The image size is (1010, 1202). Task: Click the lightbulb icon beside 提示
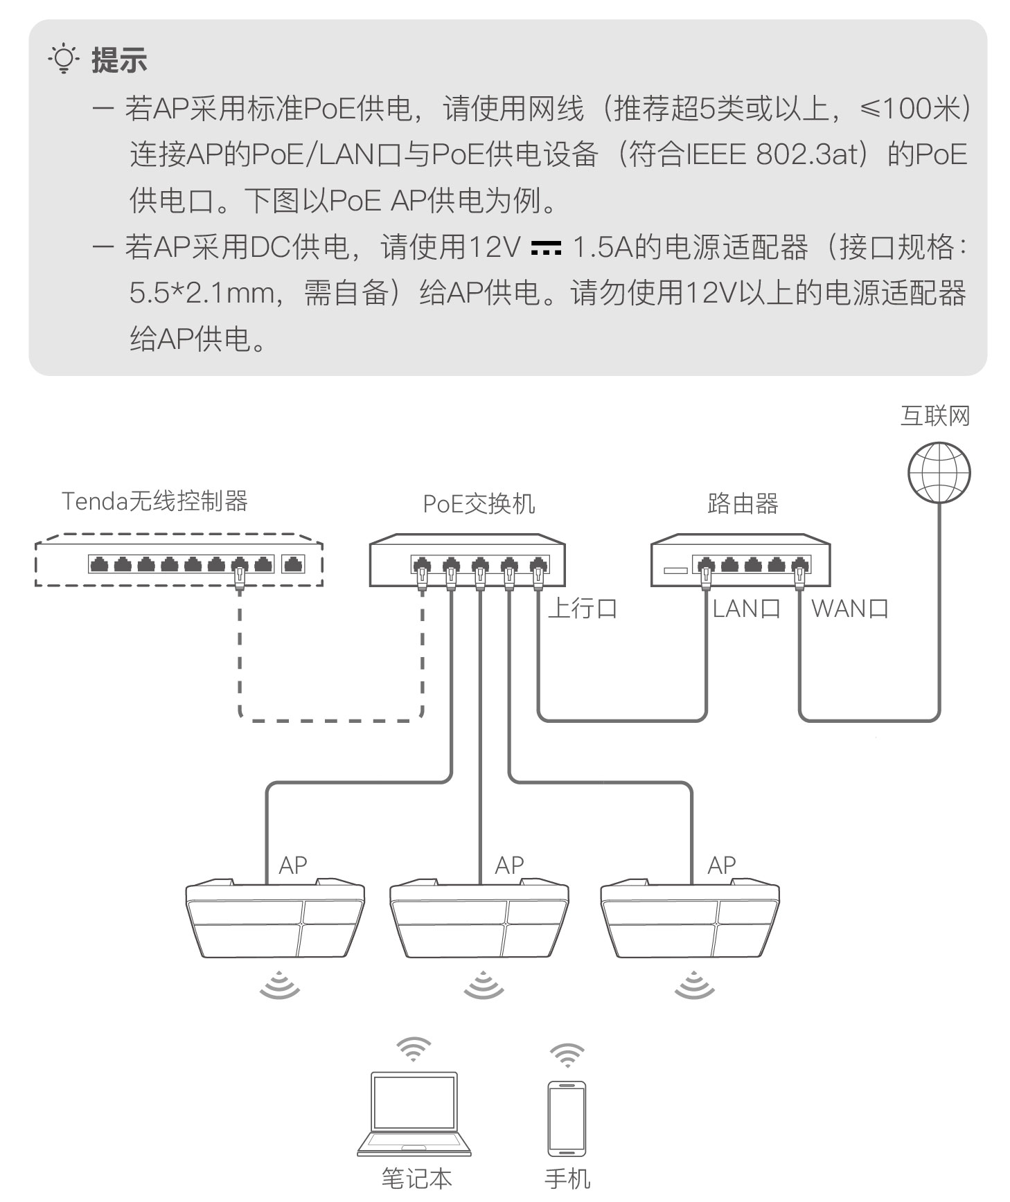click(64, 60)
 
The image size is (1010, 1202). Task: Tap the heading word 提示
click(119, 60)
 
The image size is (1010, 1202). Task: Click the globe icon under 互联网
click(939, 473)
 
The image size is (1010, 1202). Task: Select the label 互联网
click(934, 416)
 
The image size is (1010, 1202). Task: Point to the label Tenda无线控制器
click(154, 501)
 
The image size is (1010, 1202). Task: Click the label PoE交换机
click(479, 503)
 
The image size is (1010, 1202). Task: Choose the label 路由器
click(743, 503)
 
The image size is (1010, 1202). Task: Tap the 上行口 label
click(583, 609)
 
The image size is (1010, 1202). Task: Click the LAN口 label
click(747, 609)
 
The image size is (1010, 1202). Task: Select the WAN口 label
click(850, 609)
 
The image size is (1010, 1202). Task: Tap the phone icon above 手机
click(567, 1118)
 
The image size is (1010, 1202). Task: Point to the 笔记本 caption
click(416, 1178)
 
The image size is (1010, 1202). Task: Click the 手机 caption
click(567, 1178)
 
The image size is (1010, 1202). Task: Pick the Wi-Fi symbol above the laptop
click(414, 1050)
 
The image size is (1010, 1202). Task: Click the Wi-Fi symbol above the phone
click(567, 1055)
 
